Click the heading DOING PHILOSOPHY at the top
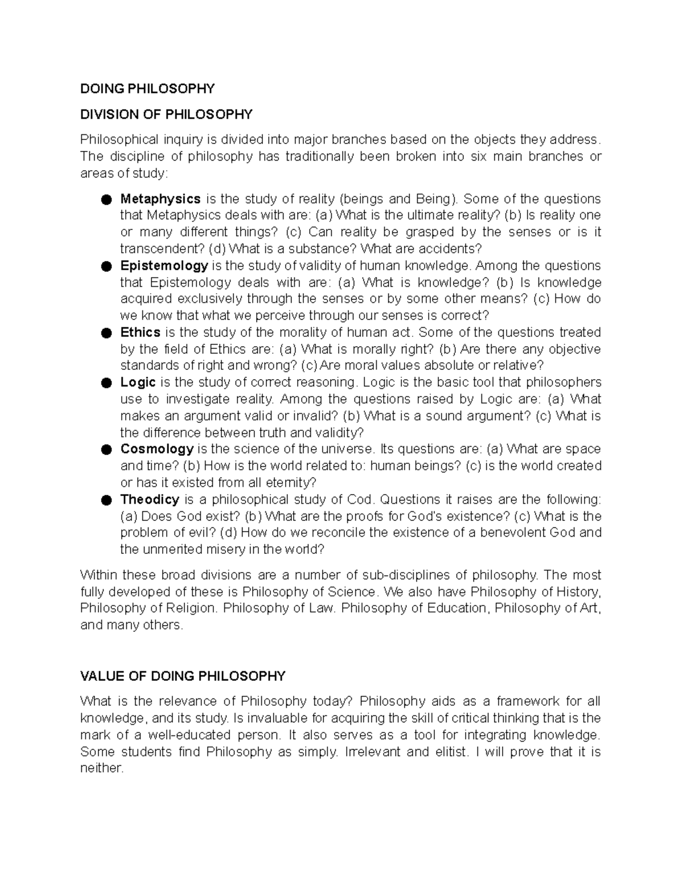pos(147,89)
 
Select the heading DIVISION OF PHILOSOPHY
pos(166,114)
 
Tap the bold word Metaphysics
pos(160,199)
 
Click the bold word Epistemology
pos(164,266)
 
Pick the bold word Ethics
pos(140,332)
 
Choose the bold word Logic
pos(138,382)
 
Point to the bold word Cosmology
pos(157,449)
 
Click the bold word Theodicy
pos(150,500)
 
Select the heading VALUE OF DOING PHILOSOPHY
pos(182,676)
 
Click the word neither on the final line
pos(101,768)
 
